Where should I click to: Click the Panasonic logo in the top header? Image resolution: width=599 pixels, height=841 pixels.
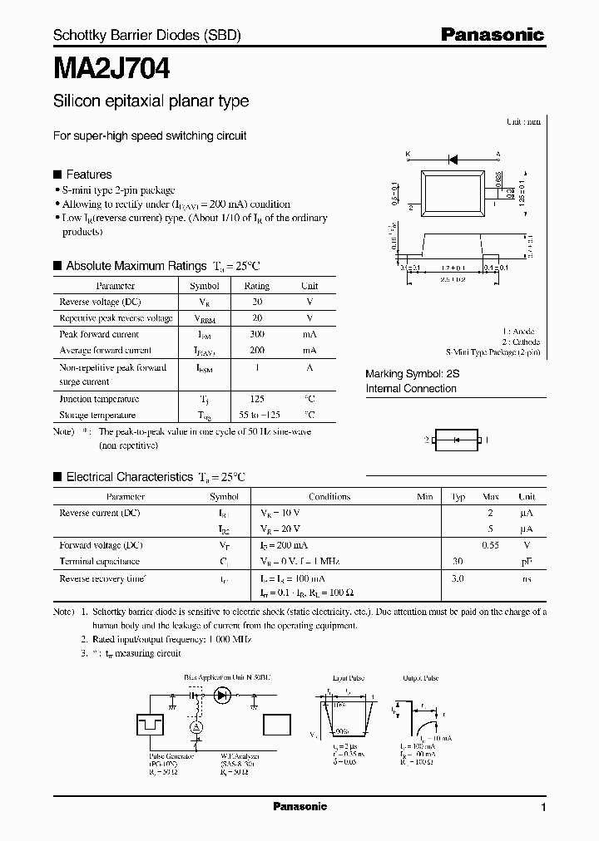pyautogui.click(x=492, y=34)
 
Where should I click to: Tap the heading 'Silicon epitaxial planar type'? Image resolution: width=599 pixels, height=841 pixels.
pyautogui.click(x=151, y=101)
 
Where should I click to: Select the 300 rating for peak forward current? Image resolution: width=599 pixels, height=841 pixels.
pyautogui.click(x=257, y=334)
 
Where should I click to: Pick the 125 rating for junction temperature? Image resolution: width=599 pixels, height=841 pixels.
pyautogui.click(x=257, y=399)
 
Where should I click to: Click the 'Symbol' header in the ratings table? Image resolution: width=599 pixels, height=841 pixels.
pyautogui.click(x=205, y=286)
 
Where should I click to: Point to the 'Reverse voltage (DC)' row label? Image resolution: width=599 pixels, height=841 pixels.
pyautogui.click(x=101, y=302)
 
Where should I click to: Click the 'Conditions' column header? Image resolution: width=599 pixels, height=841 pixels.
pyautogui.click(x=329, y=497)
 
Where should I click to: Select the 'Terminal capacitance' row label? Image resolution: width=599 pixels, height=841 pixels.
pyautogui.click(x=100, y=562)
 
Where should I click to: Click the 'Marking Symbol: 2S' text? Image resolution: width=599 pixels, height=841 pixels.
pyautogui.click(x=413, y=375)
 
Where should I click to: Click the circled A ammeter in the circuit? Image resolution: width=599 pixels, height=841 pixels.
pyautogui.click(x=197, y=726)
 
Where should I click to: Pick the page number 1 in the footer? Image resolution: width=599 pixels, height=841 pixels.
pyautogui.click(x=543, y=808)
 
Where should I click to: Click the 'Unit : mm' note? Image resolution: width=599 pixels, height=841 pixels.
pyautogui.click(x=523, y=122)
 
